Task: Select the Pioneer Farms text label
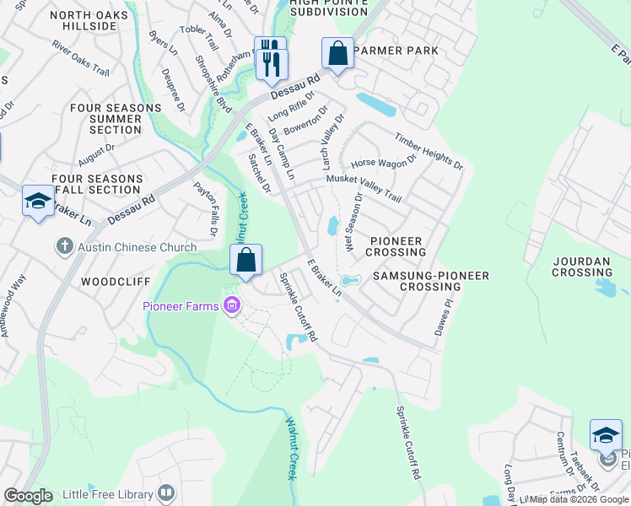(x=180, y=306)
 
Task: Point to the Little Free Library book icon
(x=167, y=492)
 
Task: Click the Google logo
(x=28, y=496)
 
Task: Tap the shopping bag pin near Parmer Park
(x=337, y=54)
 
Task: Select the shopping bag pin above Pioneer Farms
(x=245, y=261)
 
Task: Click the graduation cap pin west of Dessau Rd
(x=38, y=201)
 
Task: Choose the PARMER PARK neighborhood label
(x=396, y=51)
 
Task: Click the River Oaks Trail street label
(x=80, y=57)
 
